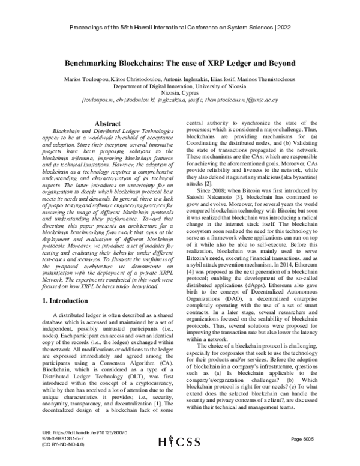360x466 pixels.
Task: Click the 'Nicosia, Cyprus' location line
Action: click(x=179, y=94)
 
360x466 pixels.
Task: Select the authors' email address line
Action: click(x=179, y=101)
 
